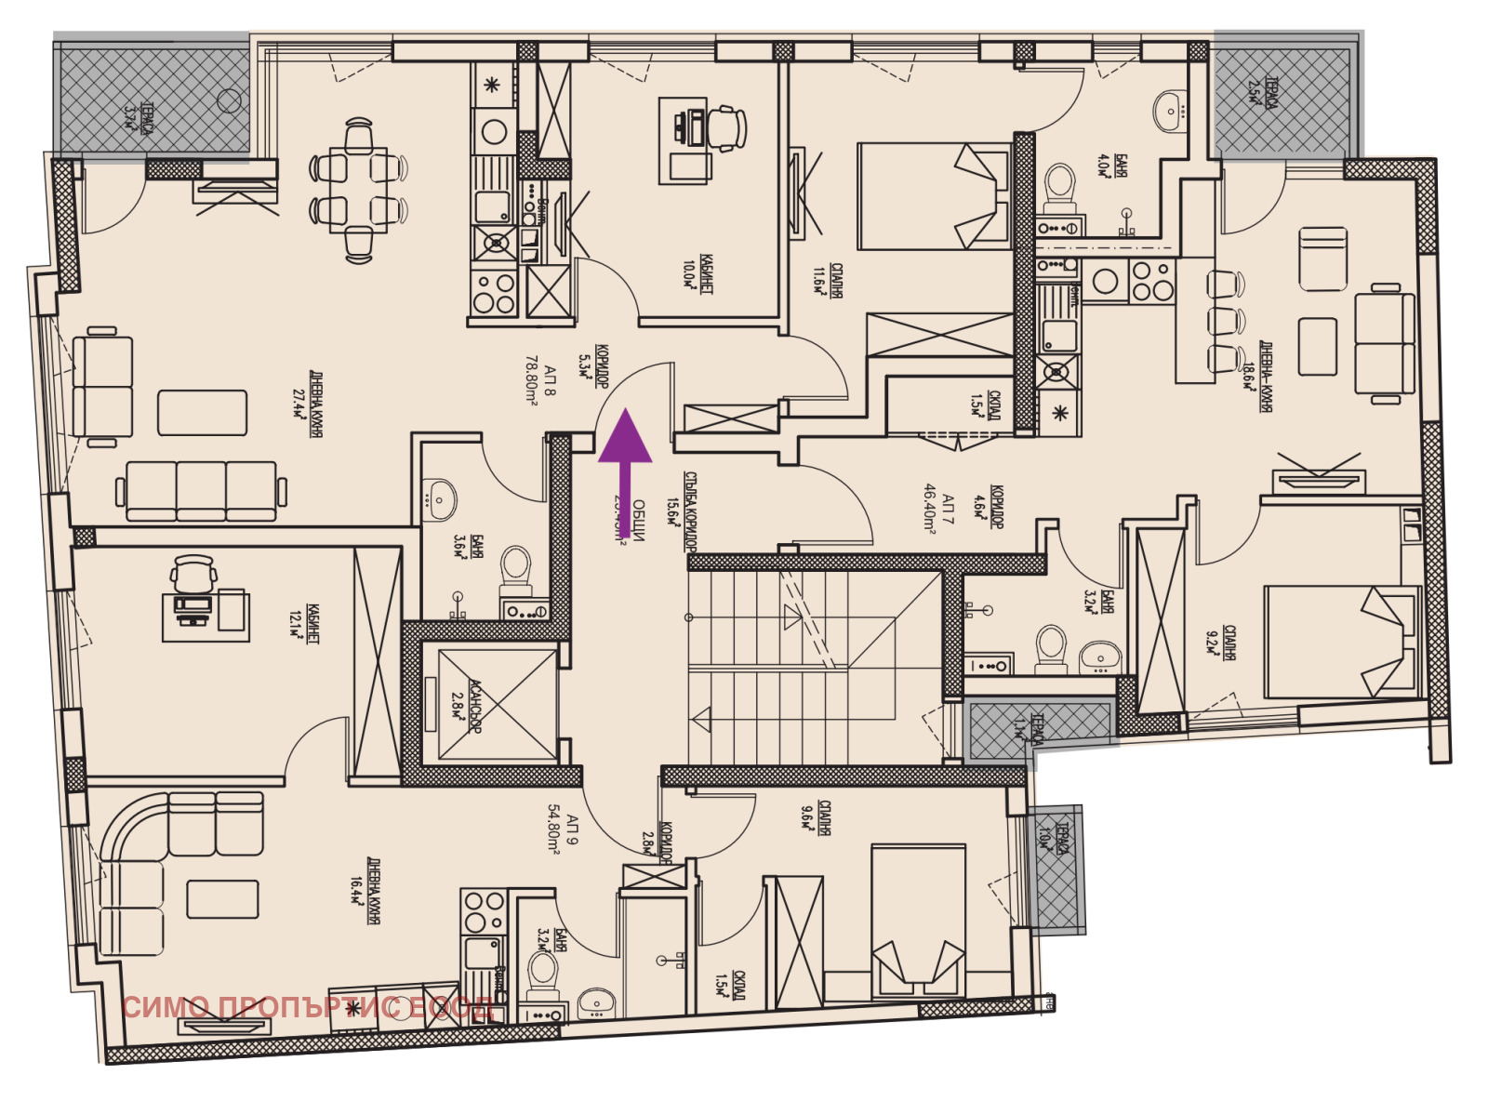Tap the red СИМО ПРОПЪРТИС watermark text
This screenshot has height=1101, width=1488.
(x=308, y=1007)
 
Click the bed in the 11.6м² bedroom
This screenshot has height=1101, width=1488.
(x=934, y=195)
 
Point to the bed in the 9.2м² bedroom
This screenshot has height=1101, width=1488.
(x=1340, y=642)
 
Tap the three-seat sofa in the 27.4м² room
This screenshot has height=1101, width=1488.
(x=201, y=489)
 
